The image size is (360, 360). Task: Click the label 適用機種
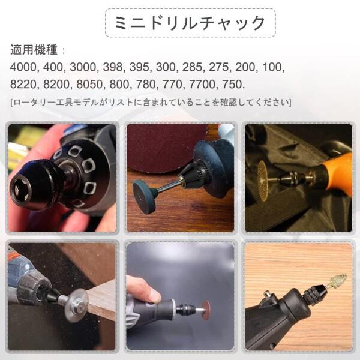pos(36,50)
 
